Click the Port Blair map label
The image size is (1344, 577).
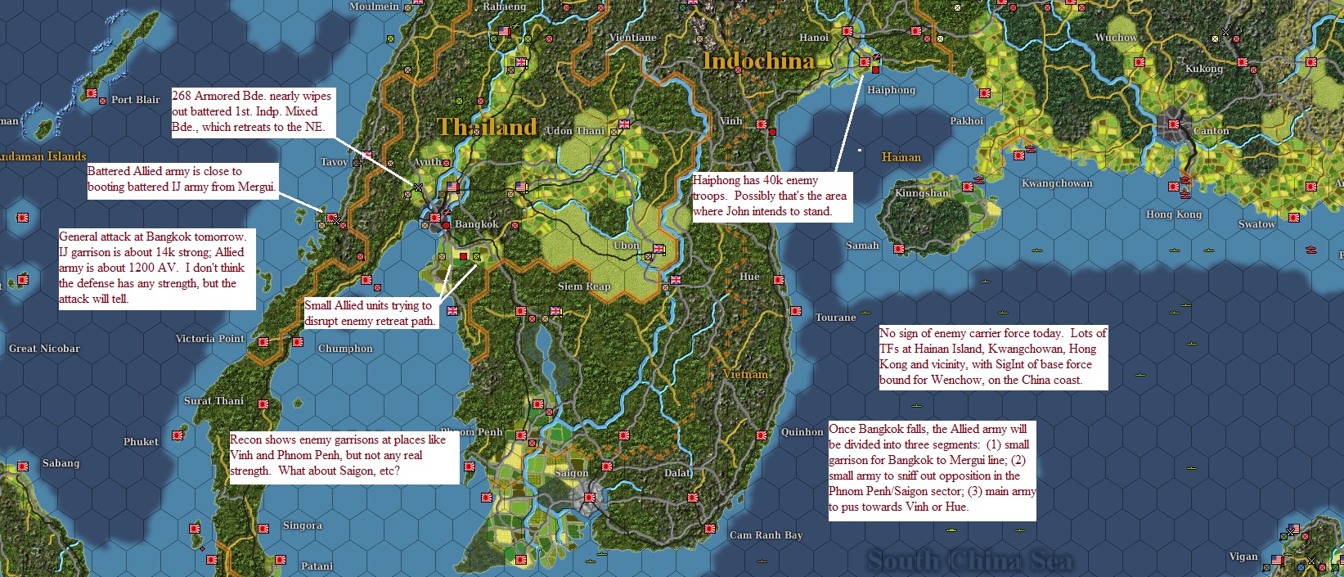135,100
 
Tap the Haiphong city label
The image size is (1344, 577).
891,90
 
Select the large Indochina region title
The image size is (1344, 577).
758,61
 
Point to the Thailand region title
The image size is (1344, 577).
487,127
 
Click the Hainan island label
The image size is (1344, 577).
901,157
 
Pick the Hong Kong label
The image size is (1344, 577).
1173,214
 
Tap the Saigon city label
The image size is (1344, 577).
572,473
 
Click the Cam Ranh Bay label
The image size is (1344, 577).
766,535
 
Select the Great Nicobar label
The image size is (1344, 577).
44,349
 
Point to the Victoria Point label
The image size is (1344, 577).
209,339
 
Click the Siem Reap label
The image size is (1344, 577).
583,286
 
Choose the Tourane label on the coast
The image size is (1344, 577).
835,318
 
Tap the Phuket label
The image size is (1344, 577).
141,442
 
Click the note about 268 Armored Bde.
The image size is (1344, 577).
251,111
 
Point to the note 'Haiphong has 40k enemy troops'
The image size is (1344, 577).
771,196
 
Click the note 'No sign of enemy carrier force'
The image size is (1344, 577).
992,357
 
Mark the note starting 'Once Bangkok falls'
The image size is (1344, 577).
931,468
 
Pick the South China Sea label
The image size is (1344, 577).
969,561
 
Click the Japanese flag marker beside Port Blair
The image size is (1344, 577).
92,94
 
